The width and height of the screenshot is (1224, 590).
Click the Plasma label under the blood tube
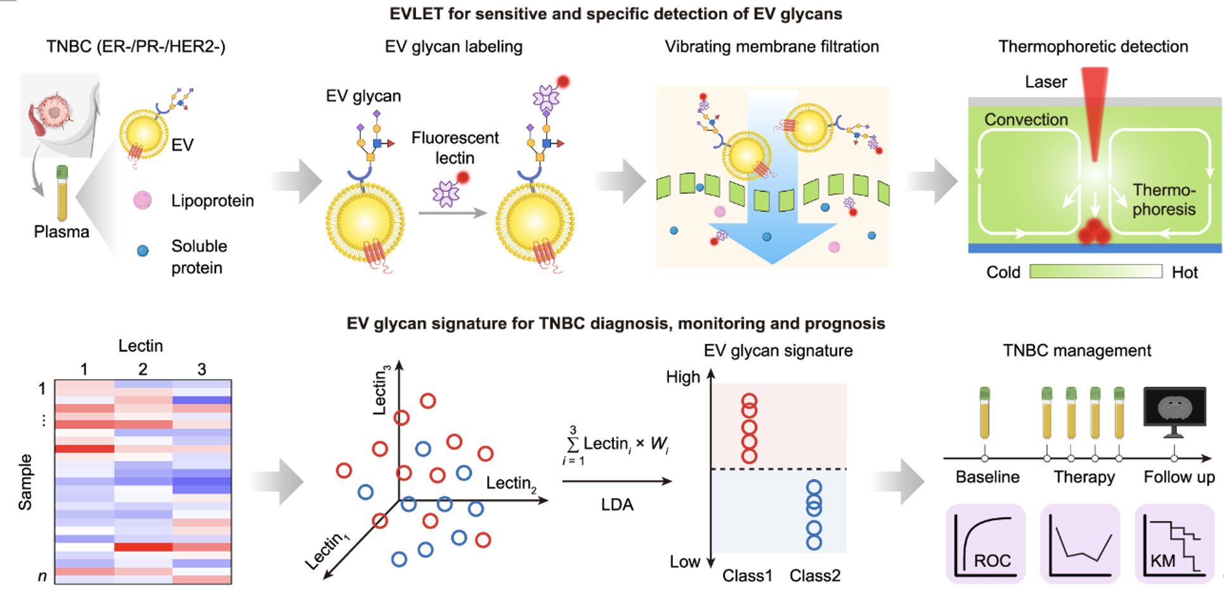pos(62,232)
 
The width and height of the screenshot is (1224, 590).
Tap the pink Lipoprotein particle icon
pos(143,200)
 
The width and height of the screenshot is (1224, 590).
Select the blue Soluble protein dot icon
pos(143,251)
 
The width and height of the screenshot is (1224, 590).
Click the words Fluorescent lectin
pos(455,147)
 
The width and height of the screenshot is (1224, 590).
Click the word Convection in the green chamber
pos(1025,119)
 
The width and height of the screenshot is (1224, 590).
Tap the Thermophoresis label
pos(1164,199)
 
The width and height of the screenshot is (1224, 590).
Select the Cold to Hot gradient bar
pos(1095,272)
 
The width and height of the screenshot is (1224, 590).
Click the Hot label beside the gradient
pos(1184,272)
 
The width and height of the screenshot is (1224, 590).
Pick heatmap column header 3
pos(202,369)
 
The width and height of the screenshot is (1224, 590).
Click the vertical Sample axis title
pos(25,482)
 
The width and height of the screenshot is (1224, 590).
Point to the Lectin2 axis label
pos(511,484)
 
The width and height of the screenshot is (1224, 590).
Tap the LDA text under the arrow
pos(617,504)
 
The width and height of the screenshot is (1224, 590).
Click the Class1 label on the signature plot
pos(747,575)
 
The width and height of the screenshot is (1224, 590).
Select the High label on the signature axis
pos(682,377)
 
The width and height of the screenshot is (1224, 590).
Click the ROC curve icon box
pos(985,544)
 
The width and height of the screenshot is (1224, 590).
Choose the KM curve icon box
pos(1174,544)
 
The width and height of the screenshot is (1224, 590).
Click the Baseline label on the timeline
pos(987,477)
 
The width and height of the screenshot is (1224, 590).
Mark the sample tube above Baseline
pos(984,413)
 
